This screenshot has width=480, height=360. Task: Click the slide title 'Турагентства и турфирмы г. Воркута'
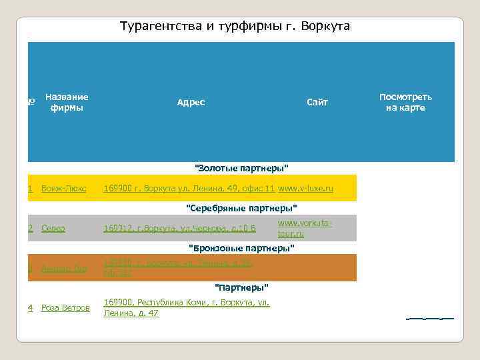click(235, 26)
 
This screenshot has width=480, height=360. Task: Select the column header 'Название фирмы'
click(67, 102)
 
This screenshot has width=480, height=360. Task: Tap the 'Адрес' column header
click(191, 102)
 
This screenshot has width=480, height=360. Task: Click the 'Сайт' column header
click(317, 102)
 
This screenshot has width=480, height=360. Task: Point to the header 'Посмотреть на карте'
click(405, 102)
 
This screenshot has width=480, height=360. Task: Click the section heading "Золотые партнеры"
click(241, 167)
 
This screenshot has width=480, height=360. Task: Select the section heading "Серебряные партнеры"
click(241, 207)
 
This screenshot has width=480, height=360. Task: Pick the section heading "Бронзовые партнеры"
click(241, 248)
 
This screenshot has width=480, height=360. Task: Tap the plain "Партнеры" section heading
click(241, 287)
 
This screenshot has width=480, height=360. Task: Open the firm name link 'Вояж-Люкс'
click(63, 189)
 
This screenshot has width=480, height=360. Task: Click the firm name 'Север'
click(53, 229)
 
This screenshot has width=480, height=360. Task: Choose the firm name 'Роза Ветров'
click(65, 308)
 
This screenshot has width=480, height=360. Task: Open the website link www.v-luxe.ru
click(305, 189)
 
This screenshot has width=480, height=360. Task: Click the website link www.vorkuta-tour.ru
click(304, 228)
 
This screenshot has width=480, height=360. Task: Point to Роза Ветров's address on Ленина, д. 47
click(187, 308)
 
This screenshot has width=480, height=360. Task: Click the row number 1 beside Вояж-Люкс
click(31, 189)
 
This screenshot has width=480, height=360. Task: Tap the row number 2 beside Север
click(31, 229)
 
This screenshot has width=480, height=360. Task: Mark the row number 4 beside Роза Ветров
click(31, 308)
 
